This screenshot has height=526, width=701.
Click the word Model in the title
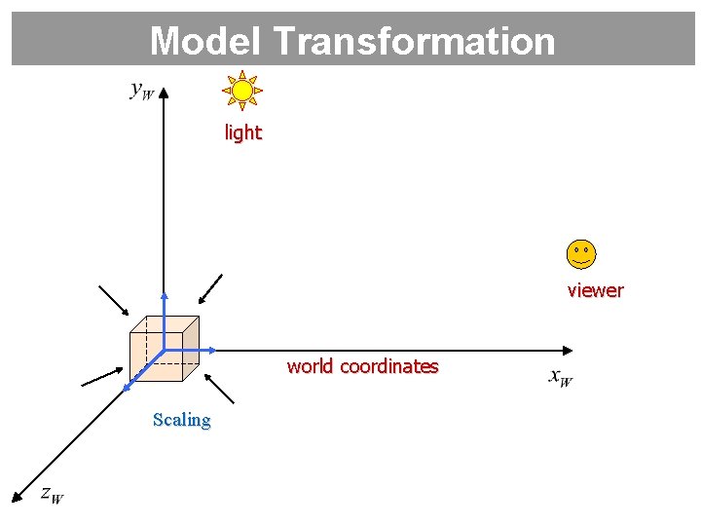click(x=207, y=41)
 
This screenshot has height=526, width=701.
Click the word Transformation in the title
click(x=415, y=41)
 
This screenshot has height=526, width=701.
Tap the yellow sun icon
click(x=242, y=91)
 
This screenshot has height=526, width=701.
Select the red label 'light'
click(x=242, y=132)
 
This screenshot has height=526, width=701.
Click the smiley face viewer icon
click(x=580, y=254)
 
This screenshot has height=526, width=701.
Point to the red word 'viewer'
click(x=595, y=290)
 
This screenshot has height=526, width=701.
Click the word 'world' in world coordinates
click(x=310, y=367)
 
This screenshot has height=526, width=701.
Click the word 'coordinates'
click(x=388, y=367)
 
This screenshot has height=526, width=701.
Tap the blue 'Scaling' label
click(x=181, y=420)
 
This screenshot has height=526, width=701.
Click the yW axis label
click(x=141, y=91)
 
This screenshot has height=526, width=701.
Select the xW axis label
click(x=560, y=377)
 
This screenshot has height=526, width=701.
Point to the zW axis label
click(x=52, y=494)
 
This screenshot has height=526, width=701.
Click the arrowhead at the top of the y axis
click(x=164, y=93)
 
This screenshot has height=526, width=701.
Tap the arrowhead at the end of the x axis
click(x=568, y=350)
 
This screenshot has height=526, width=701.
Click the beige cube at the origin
click(x=164, y=348)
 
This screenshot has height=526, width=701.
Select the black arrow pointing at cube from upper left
click(x=113, y=301)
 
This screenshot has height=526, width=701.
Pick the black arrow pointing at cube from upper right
click(x=209, y=289)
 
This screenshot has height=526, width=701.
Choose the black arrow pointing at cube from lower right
click(x=222, y=391)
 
